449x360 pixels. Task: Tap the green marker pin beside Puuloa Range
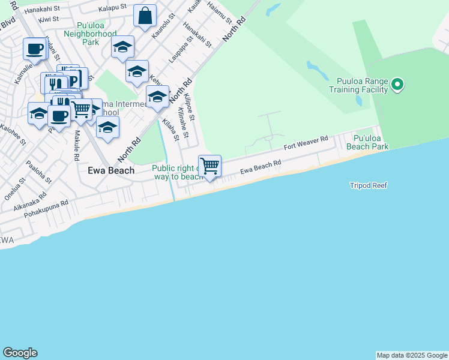click(x=397, y=85)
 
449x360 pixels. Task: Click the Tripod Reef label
click(x=369, y=185)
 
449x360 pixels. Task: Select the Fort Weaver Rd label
click(x=306, y=143)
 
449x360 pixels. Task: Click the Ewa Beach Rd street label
click(x=261, y=167)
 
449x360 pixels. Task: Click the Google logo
click(x=20, y=353)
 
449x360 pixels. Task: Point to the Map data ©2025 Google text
click(x=412, y=355)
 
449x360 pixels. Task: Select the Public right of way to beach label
click(x=177, y=173)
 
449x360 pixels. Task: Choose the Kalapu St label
click(x=113, y=7)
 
